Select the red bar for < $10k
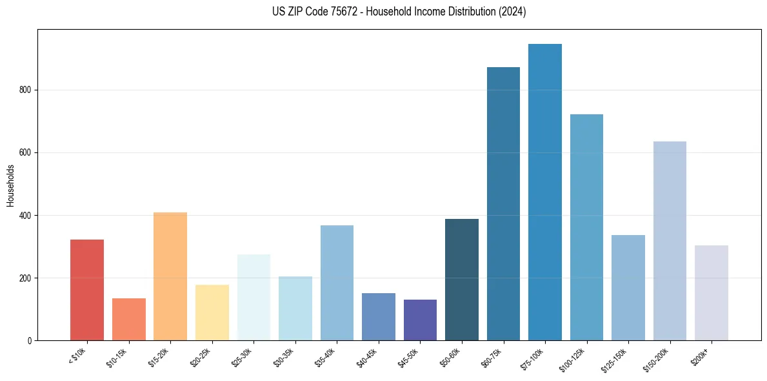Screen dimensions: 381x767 (87, 290)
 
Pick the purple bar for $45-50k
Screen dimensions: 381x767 (420, 320)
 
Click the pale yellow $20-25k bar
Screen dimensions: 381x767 (212, 313)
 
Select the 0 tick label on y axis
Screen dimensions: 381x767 (30, 340)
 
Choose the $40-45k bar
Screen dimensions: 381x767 (379, 316)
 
